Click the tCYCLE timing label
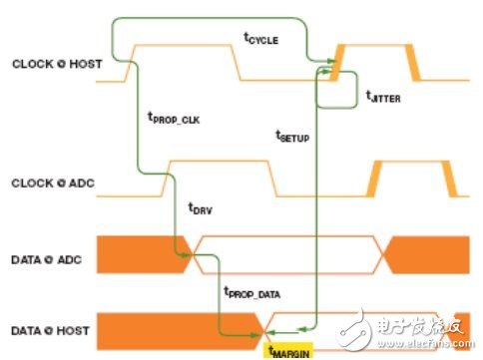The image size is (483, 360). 260,39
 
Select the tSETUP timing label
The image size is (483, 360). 293,136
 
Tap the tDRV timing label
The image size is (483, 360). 203,207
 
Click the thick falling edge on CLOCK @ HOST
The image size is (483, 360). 414,62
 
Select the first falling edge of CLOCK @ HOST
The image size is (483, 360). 238,63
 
